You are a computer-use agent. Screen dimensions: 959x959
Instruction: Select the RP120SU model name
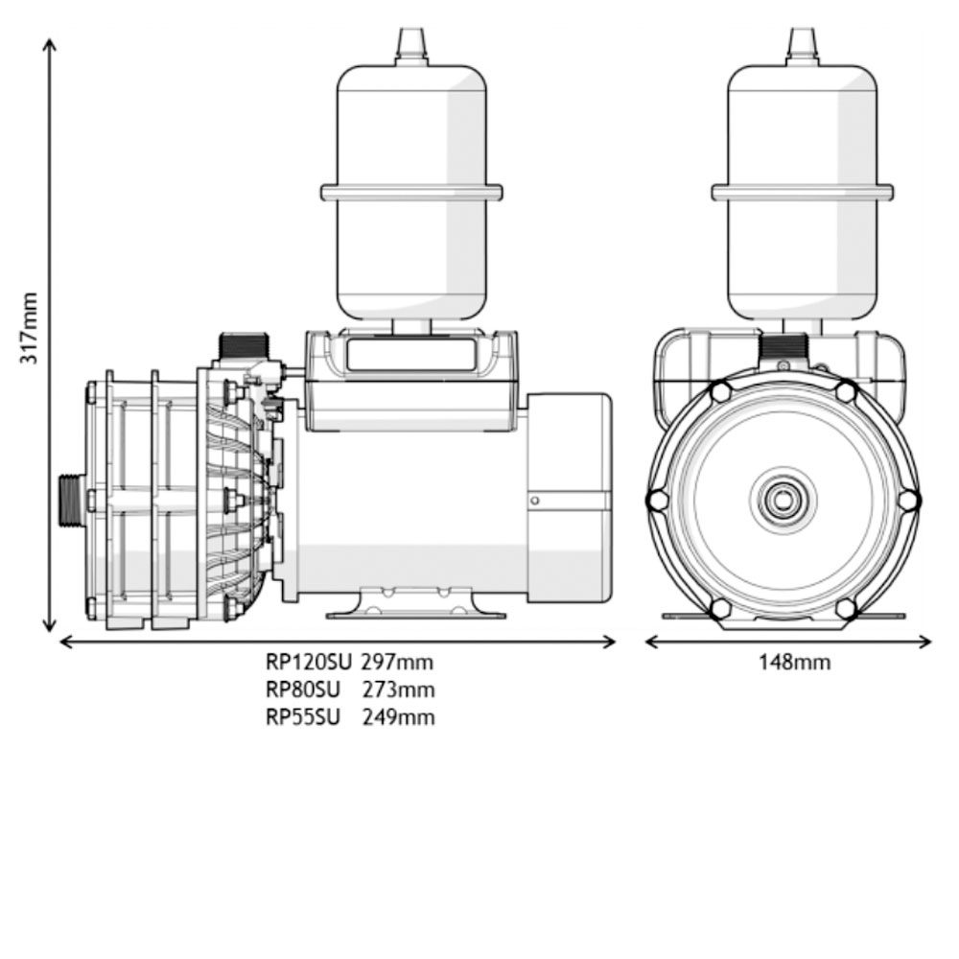coord(303,662)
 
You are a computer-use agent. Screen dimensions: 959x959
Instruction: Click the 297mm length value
coord(397,662)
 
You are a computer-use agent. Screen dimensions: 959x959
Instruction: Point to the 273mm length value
coord(398,690)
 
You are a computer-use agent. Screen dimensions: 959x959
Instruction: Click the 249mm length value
coord(398,717)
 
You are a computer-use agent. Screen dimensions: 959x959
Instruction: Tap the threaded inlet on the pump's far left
coord(70,501)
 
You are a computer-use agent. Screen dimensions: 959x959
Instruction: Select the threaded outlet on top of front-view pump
coord(783,346)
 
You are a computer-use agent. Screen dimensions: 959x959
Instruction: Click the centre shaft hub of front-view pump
coord(784,500)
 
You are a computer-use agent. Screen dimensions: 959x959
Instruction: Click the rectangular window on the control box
coord(410,355)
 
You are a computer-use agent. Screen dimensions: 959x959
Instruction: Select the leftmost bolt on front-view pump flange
coord(658,500)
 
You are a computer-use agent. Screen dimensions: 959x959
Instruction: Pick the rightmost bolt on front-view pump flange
coord(908,500)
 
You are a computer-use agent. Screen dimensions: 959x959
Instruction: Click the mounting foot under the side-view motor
coord(417,604)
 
